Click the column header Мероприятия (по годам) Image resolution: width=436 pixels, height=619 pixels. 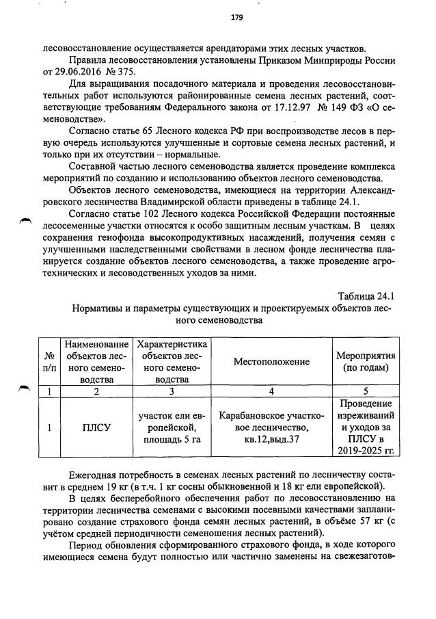click(366, 361)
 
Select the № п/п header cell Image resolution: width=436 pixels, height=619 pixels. click(49, 361)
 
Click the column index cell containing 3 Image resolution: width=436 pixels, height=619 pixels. click(172, 392)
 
